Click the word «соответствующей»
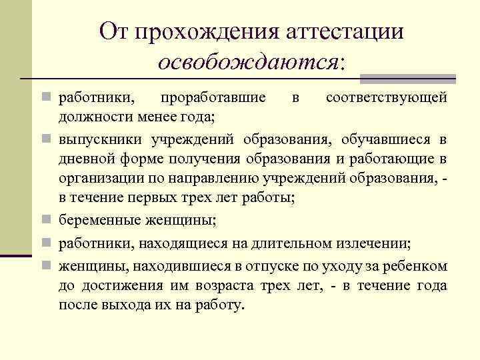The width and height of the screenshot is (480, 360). (x=386, y=98)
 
